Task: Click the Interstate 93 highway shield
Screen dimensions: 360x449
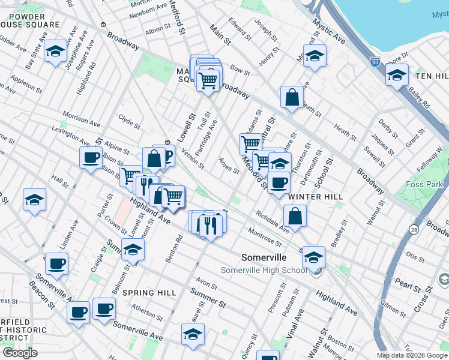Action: click(375, 62)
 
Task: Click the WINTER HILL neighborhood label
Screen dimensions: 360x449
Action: click(315, 196)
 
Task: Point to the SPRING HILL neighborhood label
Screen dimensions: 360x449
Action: click(149, 293)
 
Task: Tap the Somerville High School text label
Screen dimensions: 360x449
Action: click(264, 270)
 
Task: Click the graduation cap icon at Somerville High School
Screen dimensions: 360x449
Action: click(313, 257)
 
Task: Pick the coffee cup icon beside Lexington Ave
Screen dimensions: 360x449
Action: click(91, 157)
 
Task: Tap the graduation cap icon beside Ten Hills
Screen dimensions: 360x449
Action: click(397, 75)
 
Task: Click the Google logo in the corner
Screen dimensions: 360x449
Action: click(20, 353)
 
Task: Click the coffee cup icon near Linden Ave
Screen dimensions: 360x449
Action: click(57, 263)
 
